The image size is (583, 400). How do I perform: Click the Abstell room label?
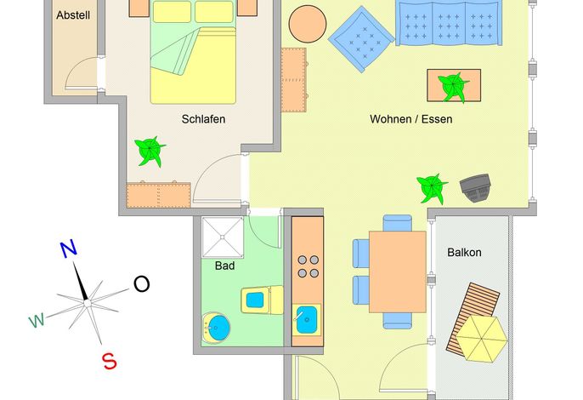(x=73, y=15)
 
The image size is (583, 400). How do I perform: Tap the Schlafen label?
(x=203, y=119)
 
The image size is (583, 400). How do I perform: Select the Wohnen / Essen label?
(x=410, y=119)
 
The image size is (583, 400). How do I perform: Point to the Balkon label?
(x=464, y=253)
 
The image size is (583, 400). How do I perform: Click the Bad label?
(x=224, y=266)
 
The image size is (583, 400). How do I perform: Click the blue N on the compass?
(x=68, y=249)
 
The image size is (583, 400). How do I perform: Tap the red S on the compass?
(x=110, y=361)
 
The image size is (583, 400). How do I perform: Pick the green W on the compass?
(x=37, y=320)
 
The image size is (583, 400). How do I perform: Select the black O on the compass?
(x=141, y=284)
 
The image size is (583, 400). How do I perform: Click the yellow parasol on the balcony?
(x=482, y=339)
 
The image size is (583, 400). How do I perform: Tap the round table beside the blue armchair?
(x=308, y=24)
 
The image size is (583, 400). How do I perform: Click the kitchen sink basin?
(x=307, y=320)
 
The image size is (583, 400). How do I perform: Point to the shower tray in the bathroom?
(x=223, y=237)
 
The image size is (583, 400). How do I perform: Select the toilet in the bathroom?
(x=262, y=300)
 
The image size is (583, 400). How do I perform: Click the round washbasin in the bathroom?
(x=217, y=329)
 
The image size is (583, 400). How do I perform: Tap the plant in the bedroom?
(x=150, y=151)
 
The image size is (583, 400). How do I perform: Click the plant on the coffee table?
(x=453, y=87)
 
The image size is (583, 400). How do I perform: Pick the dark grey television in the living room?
(x=476, y=188)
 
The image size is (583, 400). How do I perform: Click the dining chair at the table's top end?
(x=397, y=223)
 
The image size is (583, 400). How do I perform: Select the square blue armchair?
(x=361, y=39)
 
